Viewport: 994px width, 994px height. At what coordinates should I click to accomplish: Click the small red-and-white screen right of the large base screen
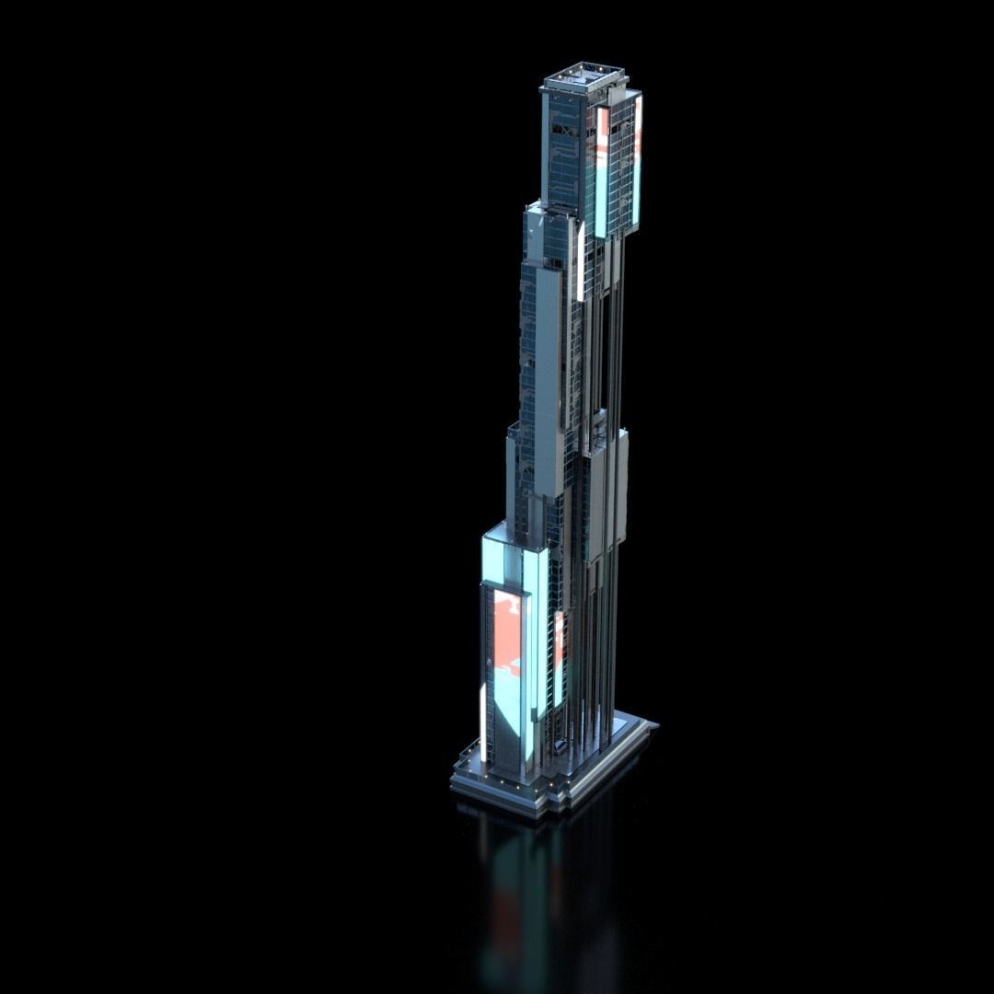[x=559, y=644]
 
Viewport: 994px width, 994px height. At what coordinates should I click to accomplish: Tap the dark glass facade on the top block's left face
[x=563, y=152]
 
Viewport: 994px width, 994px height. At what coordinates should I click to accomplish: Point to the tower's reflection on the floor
[x=534, y=902]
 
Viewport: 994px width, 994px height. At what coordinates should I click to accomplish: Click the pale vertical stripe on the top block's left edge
[x=545, y=147]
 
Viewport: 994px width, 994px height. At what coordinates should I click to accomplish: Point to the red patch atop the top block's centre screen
[x=603, y=129]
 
